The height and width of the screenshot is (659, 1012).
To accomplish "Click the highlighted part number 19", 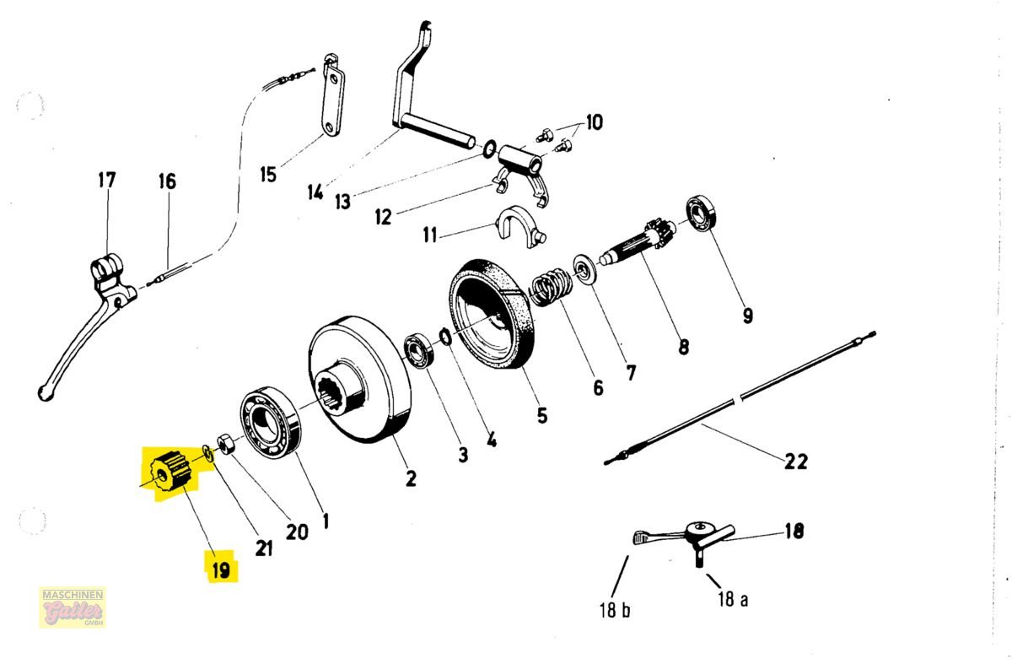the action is click(221, 570).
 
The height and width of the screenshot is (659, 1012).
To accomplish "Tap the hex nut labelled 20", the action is click(225, 442).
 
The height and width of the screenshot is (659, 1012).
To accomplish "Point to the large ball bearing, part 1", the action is click(270, 423).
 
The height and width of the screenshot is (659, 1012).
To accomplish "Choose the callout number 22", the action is click(796, 462).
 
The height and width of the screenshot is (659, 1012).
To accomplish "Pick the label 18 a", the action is click(733, 599).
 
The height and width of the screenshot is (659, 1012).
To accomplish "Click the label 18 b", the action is click(615, 610).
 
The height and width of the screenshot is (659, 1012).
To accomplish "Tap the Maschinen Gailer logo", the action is click(73, 607).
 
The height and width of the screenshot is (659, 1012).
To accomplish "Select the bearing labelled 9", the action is click(701, 213).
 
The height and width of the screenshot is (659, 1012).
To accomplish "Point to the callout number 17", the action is click(107, 180).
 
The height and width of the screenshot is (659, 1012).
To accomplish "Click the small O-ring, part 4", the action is click(445, 337).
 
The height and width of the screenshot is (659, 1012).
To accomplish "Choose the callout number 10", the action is click(594, 122).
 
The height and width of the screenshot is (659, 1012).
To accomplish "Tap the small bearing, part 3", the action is click(420, 351).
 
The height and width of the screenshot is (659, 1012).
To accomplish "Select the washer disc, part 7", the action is click(584, 270).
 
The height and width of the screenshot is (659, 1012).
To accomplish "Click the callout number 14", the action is click(315, 192).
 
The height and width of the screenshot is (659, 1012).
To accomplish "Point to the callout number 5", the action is click(542, 415).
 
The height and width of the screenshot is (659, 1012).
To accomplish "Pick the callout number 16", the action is click(167, 181).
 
